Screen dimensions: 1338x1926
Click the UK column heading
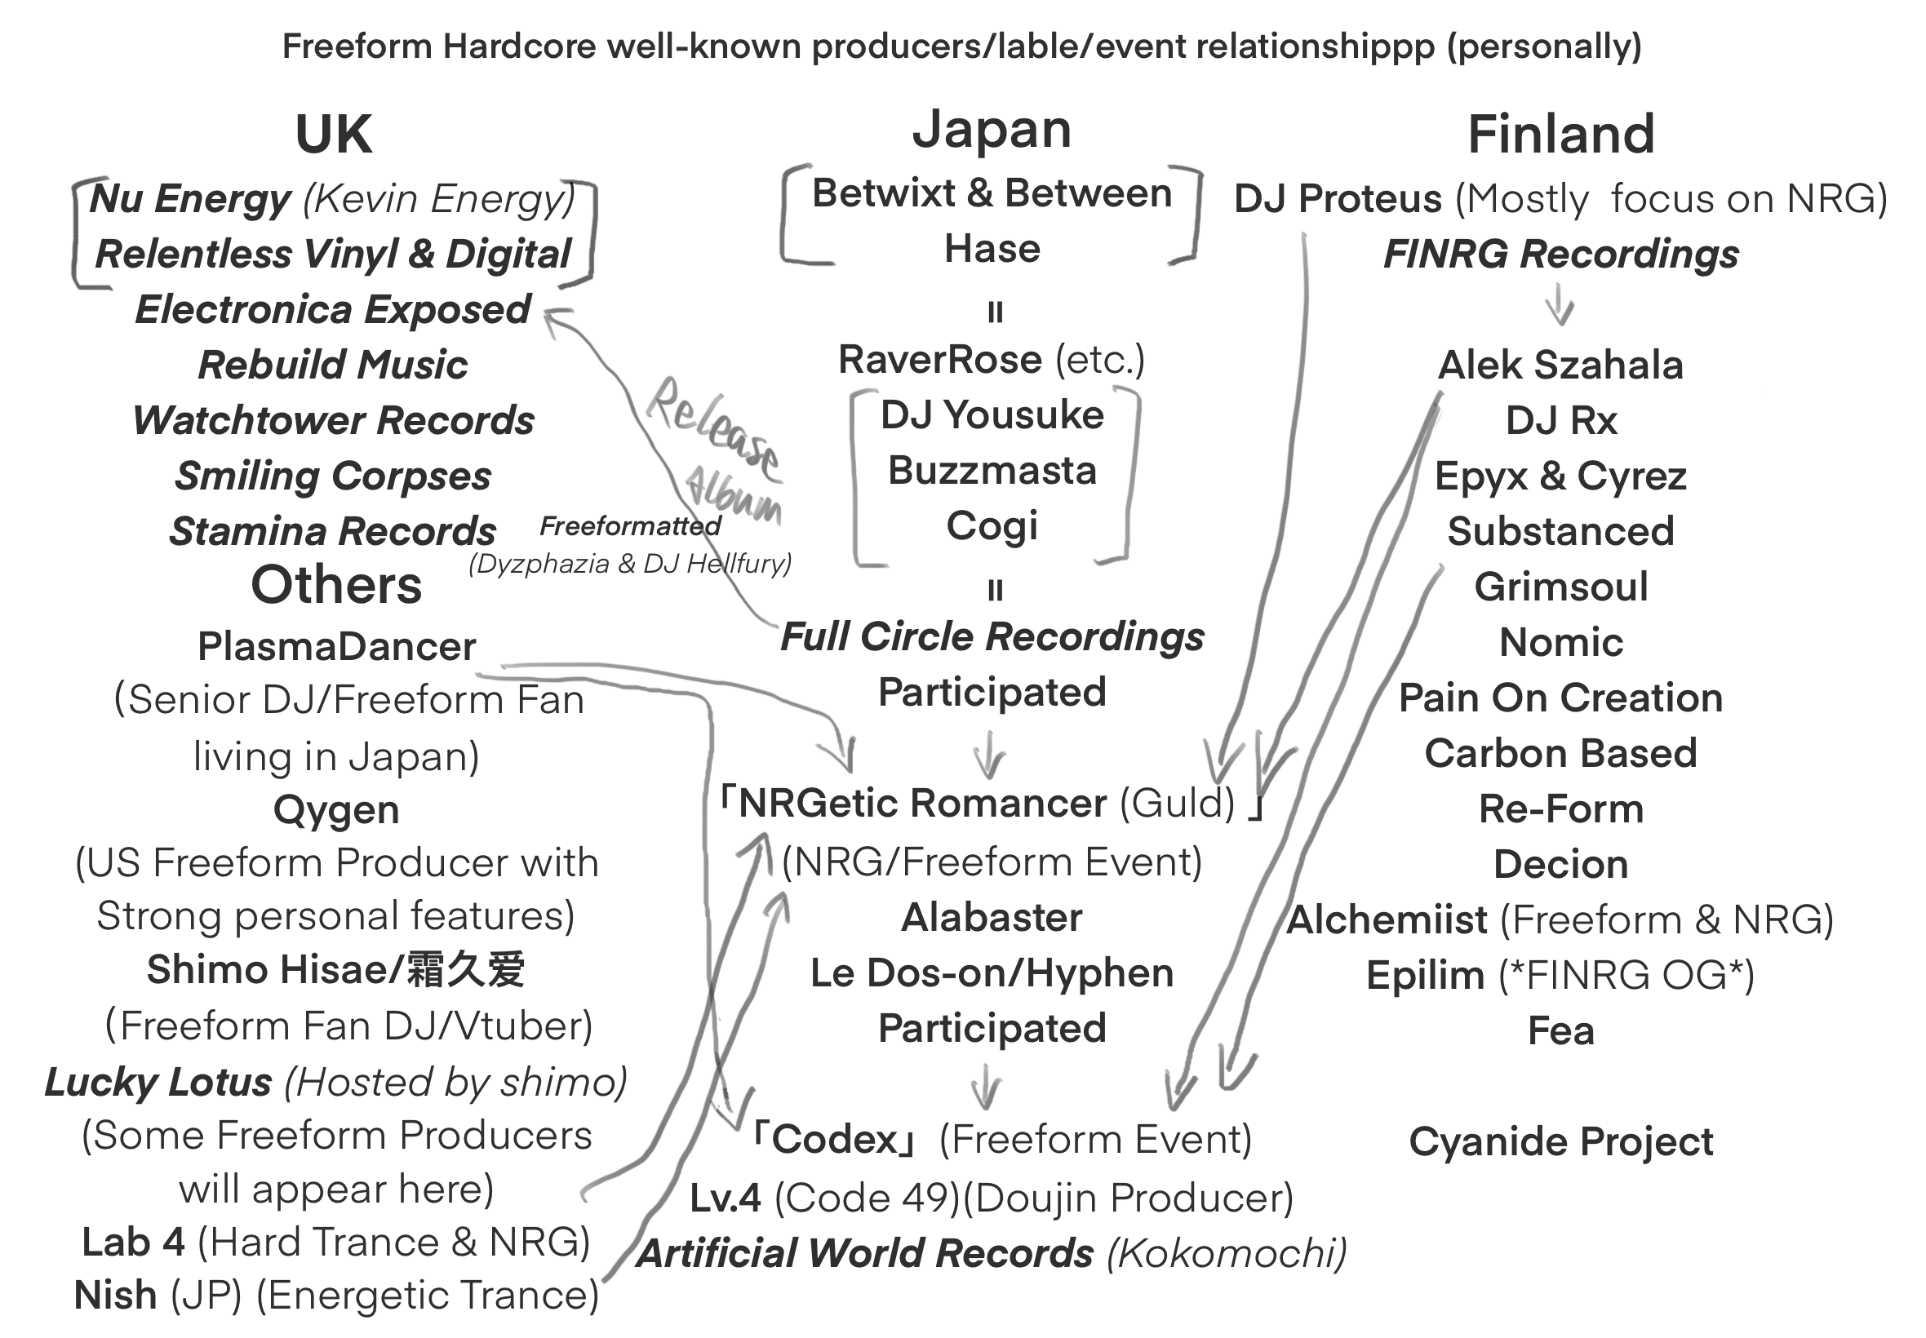click(333, 134)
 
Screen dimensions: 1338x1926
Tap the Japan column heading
click(991, 131)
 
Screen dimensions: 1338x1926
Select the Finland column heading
click(1560, 134)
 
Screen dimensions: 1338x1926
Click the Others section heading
click(336, 584)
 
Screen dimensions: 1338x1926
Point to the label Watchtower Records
click(333, 420)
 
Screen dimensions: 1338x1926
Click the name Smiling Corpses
click(333, 476)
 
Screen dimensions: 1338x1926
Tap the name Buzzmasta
click(992, 470)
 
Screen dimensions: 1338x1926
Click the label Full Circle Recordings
click(992, 636)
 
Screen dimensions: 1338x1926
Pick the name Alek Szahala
click(1560, 365)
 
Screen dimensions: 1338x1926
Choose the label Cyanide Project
click(1560, 1141)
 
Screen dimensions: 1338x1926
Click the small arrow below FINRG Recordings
click(1559, 304)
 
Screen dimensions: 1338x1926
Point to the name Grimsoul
click(1560, 587)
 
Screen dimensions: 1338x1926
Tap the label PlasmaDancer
click(336, 646)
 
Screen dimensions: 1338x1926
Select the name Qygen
click(336, 810)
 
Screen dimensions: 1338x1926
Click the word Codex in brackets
click(835, 1138)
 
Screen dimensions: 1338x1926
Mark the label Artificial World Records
click(864, 1253)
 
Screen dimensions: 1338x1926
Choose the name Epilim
click(1425, 975)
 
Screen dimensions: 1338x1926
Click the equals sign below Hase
click(995, 312)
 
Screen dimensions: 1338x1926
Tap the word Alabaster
click(992, 917)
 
